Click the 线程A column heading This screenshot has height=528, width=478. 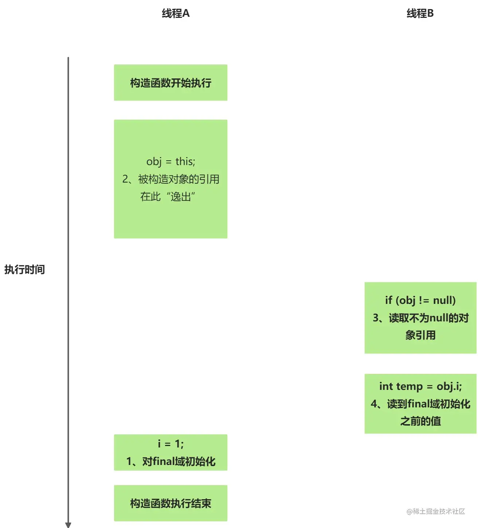[176, 14]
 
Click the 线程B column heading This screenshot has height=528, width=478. [420, 14]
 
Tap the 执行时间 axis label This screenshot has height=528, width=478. [24, 270]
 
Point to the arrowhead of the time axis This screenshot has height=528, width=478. [68, 525]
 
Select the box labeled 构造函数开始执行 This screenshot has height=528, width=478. [171, 83]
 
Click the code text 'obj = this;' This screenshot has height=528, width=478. [171, 161]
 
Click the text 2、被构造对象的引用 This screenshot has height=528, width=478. [171, 179]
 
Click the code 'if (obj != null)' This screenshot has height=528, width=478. [420, 300]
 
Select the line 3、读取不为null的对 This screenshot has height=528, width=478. [420, 318]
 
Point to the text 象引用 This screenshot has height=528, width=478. [420, 335]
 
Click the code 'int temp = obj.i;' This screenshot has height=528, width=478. [420, 386]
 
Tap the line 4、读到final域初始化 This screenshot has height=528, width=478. [420, 404]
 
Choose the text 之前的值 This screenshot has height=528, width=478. [420, 422]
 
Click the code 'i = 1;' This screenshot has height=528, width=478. [171, 444]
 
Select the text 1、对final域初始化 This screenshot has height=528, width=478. [171, 462]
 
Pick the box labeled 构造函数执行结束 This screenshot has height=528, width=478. [171, 503]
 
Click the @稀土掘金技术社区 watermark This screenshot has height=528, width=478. [436, 512]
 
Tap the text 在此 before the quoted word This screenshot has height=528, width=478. [150, 197]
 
